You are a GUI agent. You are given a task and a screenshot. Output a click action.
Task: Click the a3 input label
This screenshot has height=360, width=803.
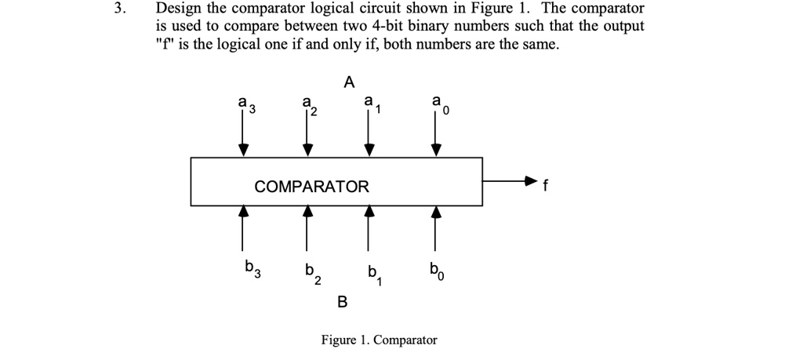(x=247, y=104)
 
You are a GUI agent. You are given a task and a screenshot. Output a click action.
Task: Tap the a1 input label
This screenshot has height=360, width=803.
(x=371, y=104)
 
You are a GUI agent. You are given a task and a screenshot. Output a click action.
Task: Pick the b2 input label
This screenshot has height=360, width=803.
(x=311, y=275)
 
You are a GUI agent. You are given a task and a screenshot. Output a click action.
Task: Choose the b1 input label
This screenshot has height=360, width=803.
(x=373, y=275)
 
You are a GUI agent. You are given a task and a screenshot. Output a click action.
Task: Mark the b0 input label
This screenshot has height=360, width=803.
(x=436, y=271)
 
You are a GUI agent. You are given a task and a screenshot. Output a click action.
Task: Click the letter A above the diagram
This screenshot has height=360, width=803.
(x=349, y=81)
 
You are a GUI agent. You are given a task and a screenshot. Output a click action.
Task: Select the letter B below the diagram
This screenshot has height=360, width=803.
(x=342, y=301)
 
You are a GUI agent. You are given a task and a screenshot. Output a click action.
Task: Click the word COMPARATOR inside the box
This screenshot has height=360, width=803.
(x=311, y=187)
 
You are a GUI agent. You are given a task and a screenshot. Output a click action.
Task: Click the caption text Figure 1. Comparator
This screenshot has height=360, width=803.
(x=379, y=340)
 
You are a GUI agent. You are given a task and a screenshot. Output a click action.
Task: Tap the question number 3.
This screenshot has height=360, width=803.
(x=118, y=9)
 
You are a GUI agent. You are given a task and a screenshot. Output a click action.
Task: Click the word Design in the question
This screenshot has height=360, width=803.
(x=179, y=9)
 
